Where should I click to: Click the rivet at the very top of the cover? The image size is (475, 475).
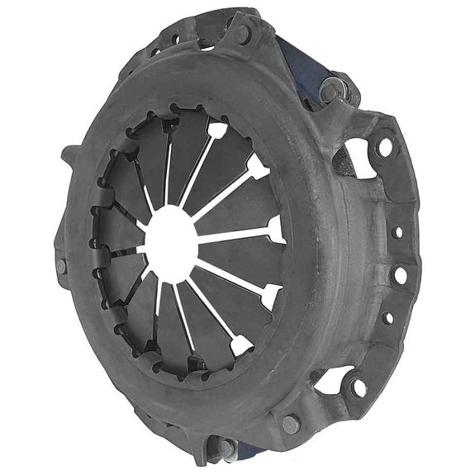pyautogui.click(x=244, y=34)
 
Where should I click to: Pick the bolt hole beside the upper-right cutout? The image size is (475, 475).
pyautogui.click(x=385, y=148)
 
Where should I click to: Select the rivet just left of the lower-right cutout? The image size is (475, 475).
pyautogui.click(x=290, y=425)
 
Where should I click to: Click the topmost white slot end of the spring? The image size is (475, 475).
pyautogui.click(x=216, y=130)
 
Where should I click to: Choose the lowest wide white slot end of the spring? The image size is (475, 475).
pyautogui.click(x=240, y=345)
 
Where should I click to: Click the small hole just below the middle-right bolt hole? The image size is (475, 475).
pyautogui.click(x=388, y=317)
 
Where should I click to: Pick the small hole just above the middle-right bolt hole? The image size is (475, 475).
pyautogui.click(x=397, y=232)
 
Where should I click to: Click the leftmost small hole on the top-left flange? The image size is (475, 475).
pyautogui.click(x=154, y=52)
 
